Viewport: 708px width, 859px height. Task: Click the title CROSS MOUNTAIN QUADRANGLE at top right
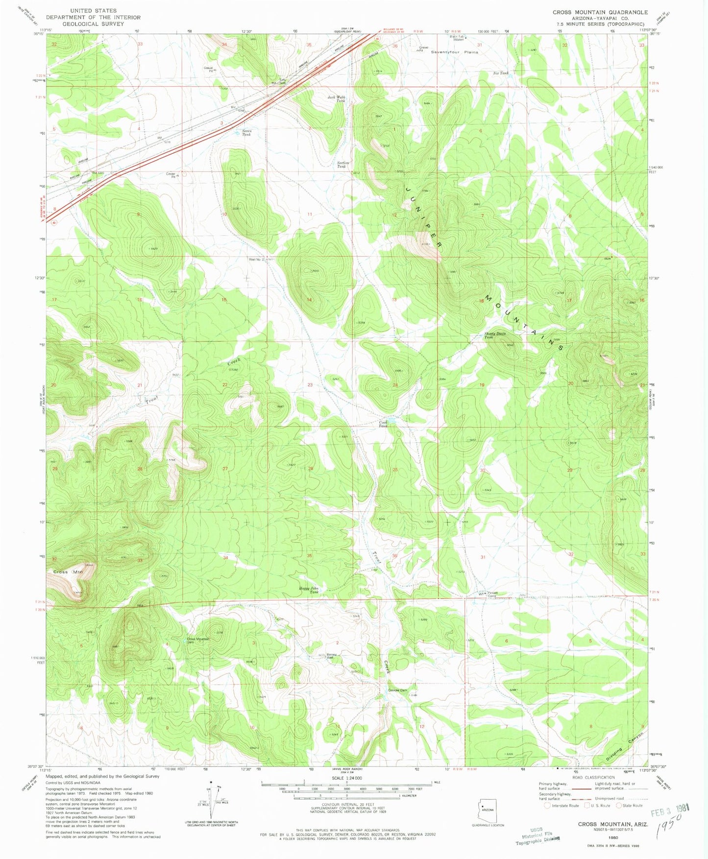click(x=600, y=12)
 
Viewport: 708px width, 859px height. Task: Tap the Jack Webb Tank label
click(x=337, y=99)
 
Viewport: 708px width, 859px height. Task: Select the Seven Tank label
click(x=246, y=132)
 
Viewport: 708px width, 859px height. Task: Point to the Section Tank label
click(x=342, y=165)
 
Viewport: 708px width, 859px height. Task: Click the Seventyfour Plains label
click(x=454, y=52)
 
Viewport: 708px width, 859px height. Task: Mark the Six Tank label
click(x=500, y=73)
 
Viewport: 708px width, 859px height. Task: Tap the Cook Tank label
click(x=383, y=424)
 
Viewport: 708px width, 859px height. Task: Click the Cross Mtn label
click(x=68, y=572)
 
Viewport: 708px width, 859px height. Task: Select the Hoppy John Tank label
click(x=309, y=590)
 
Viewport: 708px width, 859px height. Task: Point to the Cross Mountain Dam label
click(x=198, y=641)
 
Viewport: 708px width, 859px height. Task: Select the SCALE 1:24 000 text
click(x=346, y=778)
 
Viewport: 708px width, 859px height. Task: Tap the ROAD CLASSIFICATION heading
click(x=594, y=777)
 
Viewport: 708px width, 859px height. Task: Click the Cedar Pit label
click(x=171, y=174)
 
